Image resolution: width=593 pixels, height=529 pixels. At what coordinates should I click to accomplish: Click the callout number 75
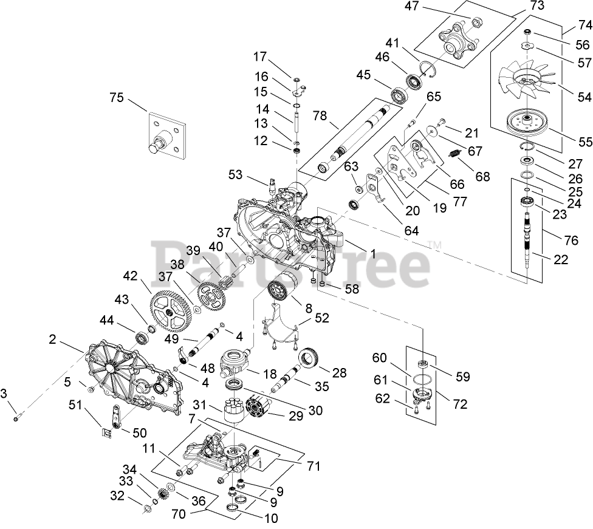click(x=116, y=98)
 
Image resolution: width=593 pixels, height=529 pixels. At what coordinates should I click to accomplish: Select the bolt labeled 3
click(x=16, y=417)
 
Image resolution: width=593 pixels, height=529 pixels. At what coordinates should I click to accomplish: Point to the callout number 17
click(x=261, y=57)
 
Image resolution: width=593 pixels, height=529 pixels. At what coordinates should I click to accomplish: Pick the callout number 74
click(x=569, y=26)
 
